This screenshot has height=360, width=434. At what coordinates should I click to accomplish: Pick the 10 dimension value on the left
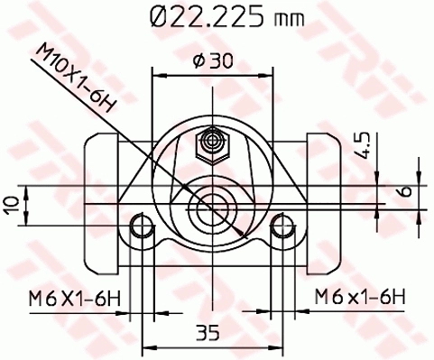point(11,204)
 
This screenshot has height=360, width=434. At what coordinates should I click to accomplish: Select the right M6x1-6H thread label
point(360,296)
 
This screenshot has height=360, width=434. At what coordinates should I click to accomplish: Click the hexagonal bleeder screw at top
point(213,142)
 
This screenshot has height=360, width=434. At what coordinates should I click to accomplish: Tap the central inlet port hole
point(213,207)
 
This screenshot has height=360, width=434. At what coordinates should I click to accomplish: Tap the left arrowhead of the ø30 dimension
point(158,76)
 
